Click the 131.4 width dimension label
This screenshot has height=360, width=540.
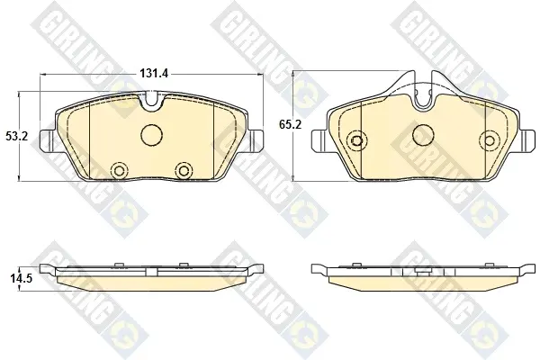point(154,73)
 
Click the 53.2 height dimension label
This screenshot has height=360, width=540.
point(16,137)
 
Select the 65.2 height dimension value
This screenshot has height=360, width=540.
point(290,124)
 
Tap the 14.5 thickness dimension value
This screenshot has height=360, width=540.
point(21,279)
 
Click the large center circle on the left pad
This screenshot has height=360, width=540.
point(151,134)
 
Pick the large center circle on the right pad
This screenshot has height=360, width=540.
point(424,134)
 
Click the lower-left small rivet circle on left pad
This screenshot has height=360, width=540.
point(120,170)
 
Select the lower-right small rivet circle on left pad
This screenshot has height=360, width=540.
point(184,170)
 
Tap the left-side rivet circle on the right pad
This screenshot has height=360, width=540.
point(356,139)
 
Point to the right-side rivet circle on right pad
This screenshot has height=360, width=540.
point(490,139)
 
